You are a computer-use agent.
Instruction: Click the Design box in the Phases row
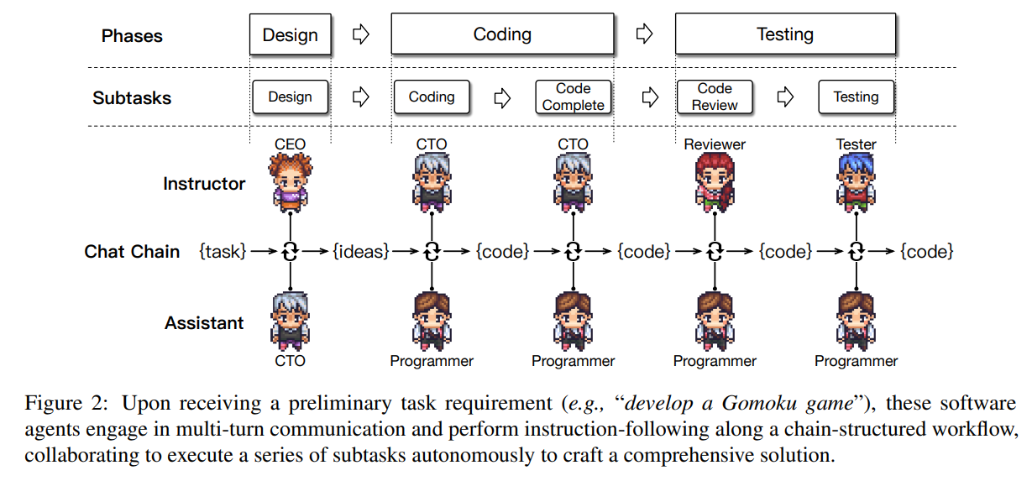tap(291, 35)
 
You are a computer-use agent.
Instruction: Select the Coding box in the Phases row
tap(502, 35)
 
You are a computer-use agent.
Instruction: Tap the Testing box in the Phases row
tap(785, 35)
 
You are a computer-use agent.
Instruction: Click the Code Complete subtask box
tap(574, 97)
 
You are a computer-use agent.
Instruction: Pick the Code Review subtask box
tap(715, 97)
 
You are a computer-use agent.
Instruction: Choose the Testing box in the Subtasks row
tap(856, 97)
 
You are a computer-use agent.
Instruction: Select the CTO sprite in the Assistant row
tap(291, 321)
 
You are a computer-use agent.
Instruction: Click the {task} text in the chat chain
tap(223, 251)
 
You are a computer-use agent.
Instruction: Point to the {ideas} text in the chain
tap(361, 251)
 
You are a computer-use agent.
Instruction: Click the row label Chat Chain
tap(132, 251)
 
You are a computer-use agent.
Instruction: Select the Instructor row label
tap(204, 184)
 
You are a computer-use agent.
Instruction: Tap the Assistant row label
tap(204, 323)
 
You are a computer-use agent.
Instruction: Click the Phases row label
tap(132, 36)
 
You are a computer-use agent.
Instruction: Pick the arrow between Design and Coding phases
tap(361, 35)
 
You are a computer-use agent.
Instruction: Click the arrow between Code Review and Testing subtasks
tap(785, 97)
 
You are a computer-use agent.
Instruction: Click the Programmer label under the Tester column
tap(856, 361)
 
